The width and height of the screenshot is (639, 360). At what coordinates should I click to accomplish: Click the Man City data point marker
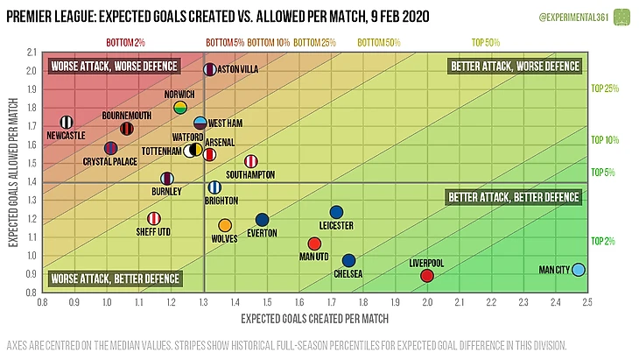(579, 270)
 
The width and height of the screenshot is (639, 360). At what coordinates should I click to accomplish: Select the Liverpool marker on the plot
(427, 276)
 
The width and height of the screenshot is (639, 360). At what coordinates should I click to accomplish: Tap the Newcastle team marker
(67, 123)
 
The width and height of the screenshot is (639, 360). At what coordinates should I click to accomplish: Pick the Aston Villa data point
(209, 68)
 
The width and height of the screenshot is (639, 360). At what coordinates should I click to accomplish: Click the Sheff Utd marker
(154, 218)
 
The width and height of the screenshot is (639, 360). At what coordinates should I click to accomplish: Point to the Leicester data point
(336, 212)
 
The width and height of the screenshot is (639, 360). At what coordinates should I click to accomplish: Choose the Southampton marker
(251, 161)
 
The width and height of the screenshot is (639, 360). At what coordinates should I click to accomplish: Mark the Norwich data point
(180, 108)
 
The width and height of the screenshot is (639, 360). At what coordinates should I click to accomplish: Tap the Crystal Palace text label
(109, 161)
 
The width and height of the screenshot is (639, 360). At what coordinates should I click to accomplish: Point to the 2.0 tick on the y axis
(32, 71)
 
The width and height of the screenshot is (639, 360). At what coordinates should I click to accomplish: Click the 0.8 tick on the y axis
(32, 293)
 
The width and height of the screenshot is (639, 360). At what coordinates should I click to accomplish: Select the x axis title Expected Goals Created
(314, 317)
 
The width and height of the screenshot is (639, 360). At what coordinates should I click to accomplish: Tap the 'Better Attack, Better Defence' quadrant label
(513, 197)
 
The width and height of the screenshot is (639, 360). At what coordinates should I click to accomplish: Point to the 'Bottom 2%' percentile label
(125, 41)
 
